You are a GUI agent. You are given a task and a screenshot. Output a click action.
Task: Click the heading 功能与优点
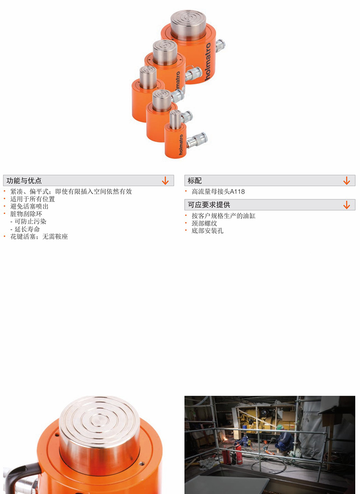(24, 181)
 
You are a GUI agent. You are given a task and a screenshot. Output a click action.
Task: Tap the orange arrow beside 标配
(347, 181)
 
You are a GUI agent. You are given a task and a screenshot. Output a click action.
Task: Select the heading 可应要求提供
(209, 205)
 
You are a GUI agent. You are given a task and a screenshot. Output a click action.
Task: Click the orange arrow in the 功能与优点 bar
(165, 181)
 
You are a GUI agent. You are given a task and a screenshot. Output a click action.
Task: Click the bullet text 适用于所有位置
(33, 199)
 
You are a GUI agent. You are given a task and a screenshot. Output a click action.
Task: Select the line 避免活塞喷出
(29, 206)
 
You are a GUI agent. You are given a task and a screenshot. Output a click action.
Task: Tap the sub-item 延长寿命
(27, 229)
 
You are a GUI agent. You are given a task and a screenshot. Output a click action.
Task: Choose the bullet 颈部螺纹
(204, 223)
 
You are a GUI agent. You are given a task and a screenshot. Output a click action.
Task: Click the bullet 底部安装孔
(207, 231)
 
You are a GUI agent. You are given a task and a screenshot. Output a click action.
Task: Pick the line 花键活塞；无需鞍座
(39, 237)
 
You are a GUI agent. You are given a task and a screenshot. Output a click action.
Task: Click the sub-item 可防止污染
(30, 221)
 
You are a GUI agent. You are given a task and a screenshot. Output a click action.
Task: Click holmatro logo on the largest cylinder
(207, 62)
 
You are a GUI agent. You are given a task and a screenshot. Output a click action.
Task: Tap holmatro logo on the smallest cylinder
(181, 145)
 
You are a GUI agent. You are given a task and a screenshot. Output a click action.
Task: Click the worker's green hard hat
(279, 427)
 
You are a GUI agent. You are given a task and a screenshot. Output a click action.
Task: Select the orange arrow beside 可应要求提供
(347, 205)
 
